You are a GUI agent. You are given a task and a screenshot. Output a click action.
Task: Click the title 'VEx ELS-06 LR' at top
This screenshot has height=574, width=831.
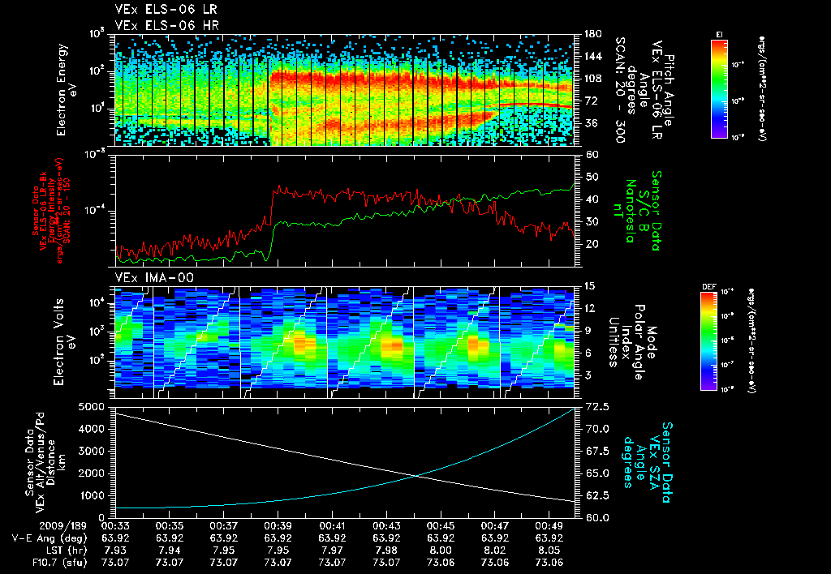click(x=158, y=10)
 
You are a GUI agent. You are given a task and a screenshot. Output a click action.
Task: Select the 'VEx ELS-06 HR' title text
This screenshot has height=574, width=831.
click(x=158, y=25)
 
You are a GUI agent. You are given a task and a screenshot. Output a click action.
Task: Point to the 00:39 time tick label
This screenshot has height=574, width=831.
click(x=278, y=525)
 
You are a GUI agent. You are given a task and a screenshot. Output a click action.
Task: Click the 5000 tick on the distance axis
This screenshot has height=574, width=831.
click(x=94, y=406)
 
